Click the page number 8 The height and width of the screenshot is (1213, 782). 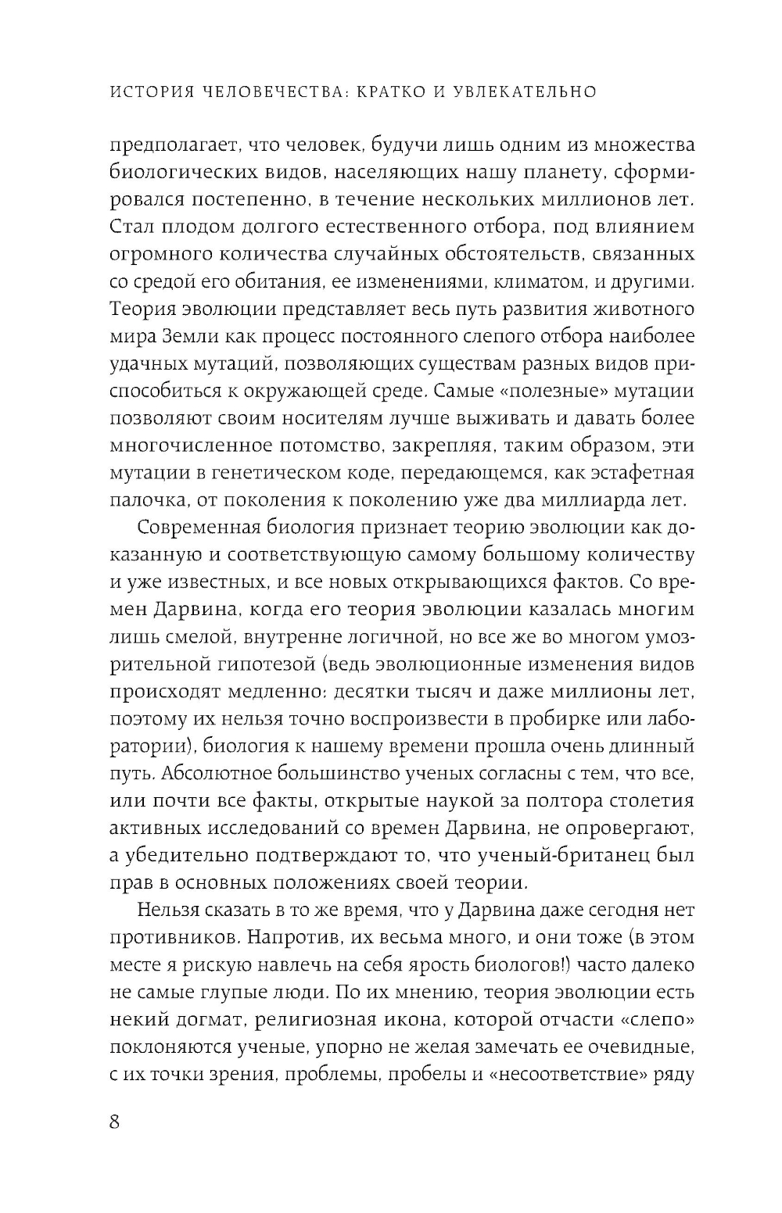[115, 1122]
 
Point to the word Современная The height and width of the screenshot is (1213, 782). [204, 528]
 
